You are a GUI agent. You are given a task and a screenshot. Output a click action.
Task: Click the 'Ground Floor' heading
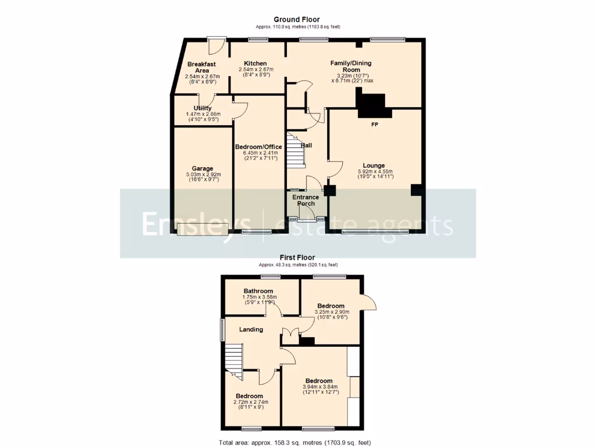(x=297, y=20)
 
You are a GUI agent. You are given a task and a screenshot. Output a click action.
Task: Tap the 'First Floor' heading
(x=297, y=257)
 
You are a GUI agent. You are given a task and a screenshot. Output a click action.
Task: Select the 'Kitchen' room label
(x=256, y=63)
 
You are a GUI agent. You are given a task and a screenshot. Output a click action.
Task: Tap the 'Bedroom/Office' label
(x=258, y=147)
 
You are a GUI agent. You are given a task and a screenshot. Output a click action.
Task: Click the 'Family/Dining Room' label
(x=350, y=66)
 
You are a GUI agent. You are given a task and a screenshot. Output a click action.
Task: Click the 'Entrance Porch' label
(x=306, y=200)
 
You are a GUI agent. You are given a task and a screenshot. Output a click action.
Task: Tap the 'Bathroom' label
(x=258, y=291)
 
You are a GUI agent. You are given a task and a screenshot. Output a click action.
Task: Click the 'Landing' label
(x=251, y=329)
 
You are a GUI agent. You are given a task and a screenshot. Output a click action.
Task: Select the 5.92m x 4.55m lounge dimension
(x=375, y=172)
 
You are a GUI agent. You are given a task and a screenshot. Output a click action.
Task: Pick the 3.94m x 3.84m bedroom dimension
(x=320, y=388)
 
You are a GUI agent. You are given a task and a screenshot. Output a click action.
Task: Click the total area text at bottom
(x=295, y=442)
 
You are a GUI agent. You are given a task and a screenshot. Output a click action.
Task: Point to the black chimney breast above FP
(x=371, y=106)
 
